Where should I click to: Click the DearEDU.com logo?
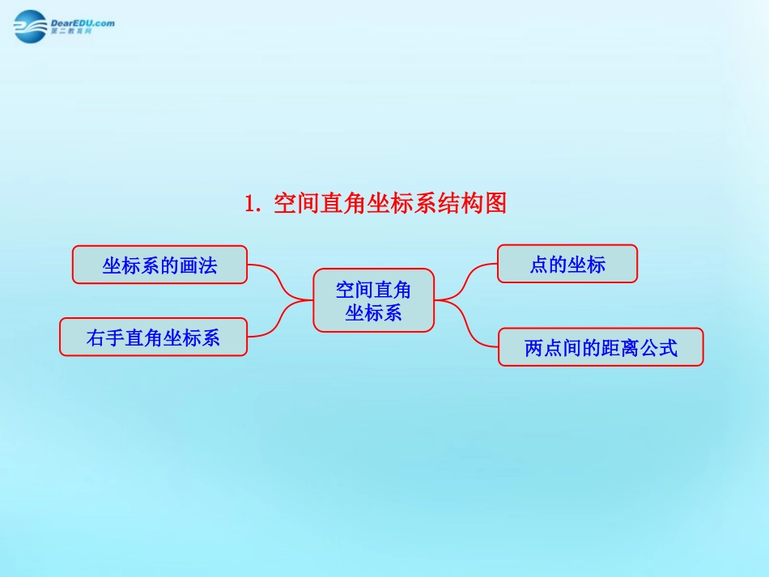tap(63, 27)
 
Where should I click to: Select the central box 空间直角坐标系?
tap(373, 300)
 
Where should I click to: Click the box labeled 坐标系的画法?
tap(159, 265)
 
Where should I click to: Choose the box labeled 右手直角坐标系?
tap(153, 337)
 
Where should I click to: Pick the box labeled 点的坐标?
tap(567, 264)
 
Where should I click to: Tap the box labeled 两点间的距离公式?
tap(601, 347)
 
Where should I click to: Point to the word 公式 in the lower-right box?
tap(658, 348)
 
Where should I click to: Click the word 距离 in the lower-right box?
tap(620, 348)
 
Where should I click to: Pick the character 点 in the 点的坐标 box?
tap(539, 265)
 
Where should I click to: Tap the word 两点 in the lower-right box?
tap(544, 348)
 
